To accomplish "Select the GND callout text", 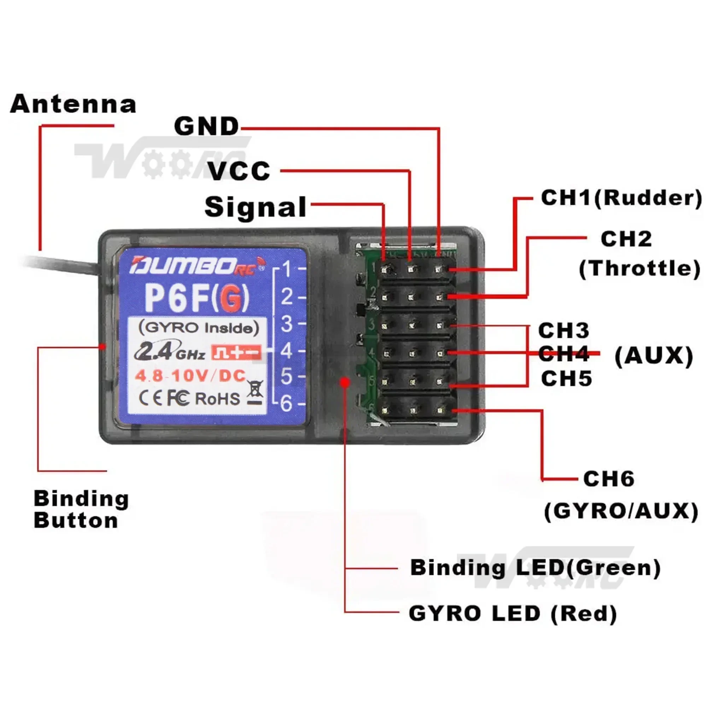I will coord(206,127).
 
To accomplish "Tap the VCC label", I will coord(239,171).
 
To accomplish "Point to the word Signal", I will coord(255,207).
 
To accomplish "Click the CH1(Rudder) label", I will coord(621,198).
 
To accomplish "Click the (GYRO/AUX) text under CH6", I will coord(621,511).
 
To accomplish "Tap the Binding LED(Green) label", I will coord(535,568).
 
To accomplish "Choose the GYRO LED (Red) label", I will coord(513,613).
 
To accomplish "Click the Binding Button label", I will coord(81,509).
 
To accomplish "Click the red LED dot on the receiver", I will coord(344,382).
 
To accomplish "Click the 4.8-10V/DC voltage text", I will coord(190,376).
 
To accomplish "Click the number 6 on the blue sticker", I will coord(287,404).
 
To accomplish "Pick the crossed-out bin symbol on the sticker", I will coord(255,392).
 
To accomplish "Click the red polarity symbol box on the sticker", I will coord(236,352).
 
